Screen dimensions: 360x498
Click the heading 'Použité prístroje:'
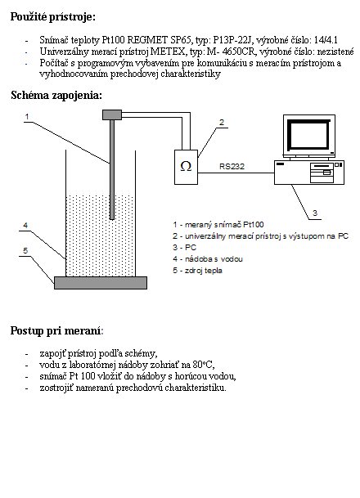pos(52,16)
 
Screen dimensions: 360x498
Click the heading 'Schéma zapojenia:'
pos(56,95)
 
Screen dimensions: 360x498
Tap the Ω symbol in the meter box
pos(186,166)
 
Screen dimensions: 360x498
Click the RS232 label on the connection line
pos(232,167)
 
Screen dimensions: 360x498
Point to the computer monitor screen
pos(308,135)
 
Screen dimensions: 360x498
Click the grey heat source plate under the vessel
pos(101,283)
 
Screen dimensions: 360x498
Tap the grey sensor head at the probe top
pos(112,114)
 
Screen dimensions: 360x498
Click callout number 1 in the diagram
pos(27,117)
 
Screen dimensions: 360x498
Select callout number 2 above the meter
pos(222,123)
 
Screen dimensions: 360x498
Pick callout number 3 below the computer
pos(315,213)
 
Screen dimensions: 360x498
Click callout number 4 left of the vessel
pos(25,226)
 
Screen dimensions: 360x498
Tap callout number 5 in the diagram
pos(25,251)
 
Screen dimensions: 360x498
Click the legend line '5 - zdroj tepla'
pos(197,271)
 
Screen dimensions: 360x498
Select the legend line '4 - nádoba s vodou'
pos(208,259)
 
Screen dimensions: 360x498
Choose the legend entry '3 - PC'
pos(185,248)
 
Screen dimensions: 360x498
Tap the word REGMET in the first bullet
pos(147,40)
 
